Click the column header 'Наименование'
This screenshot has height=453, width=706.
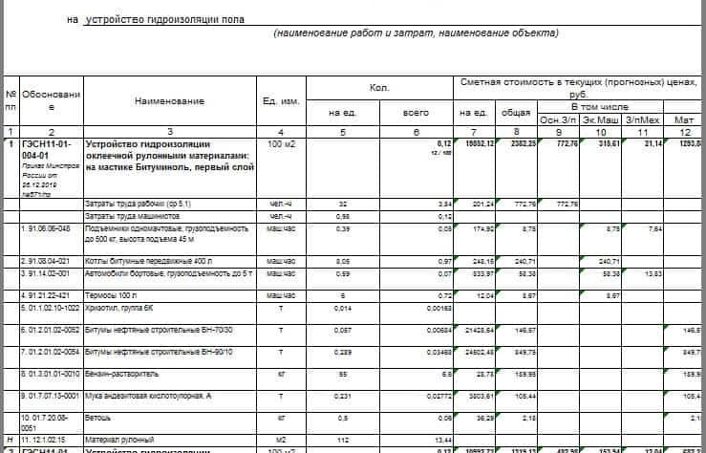(169, 100)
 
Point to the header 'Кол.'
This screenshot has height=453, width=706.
(379, 88)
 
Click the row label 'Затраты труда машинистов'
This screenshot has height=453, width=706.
(130, 216)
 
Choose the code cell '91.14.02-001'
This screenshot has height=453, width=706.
(47, 273)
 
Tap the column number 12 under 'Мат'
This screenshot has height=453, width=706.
(684, 131)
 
